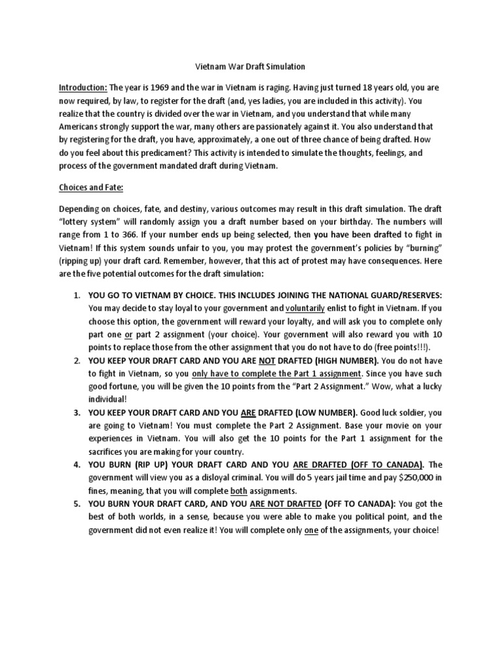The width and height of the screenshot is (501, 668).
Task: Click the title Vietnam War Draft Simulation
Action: click(251, 67)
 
